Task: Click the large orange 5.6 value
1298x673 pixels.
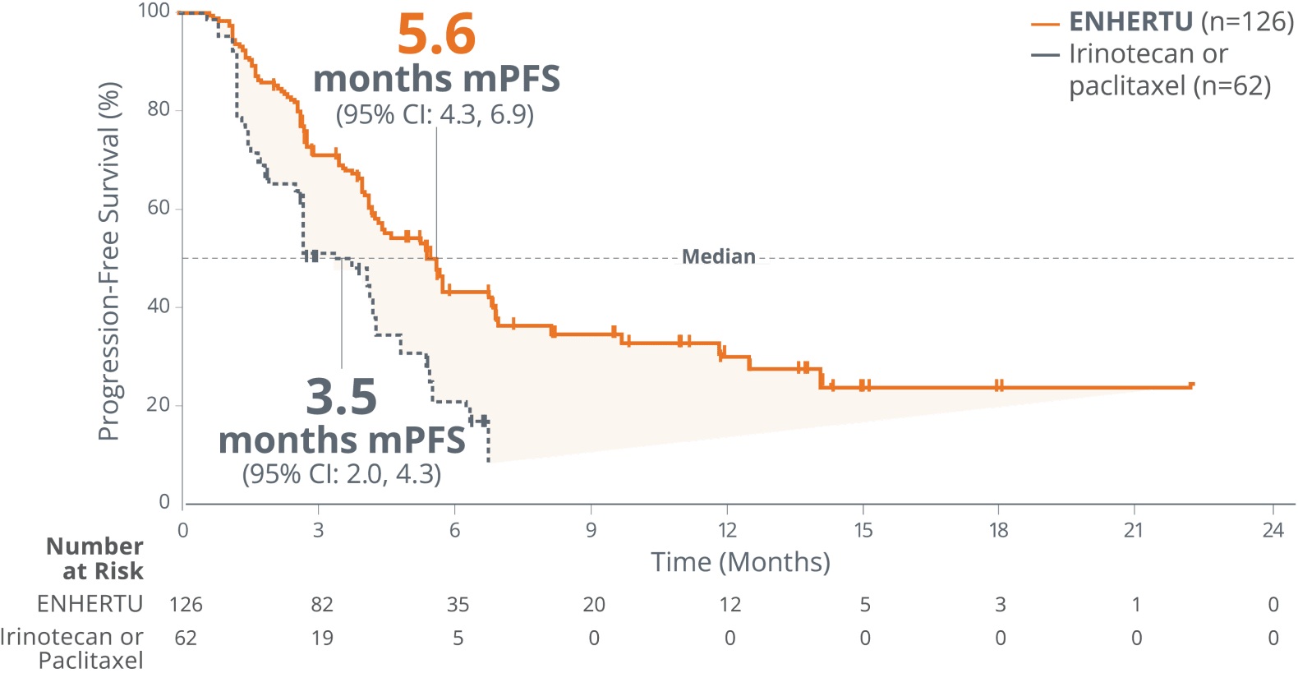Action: (x=436, y=35)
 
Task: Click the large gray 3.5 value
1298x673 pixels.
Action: (x=342, y=397)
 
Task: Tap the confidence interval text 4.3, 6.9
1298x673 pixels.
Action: (x=435, y=114)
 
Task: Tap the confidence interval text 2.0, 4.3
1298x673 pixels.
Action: (x=342, y=474)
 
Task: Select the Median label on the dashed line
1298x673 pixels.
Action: (x=720, y=257)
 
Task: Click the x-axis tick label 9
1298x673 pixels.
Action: (x=591, y=530)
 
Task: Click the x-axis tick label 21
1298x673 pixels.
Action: (x=1134, y=530)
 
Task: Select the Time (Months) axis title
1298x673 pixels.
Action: (x=741, y=562)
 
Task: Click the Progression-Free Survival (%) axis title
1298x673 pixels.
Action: (x=109, y=261)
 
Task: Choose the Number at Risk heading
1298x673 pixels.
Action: (x=96, y=558)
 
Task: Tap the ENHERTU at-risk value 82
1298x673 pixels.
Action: (x=322, y=605)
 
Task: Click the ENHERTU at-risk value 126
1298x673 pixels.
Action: (x=186, y=605)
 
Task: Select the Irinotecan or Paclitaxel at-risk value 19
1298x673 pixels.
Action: (x=322, y=638)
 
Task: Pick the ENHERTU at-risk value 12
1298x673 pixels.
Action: (x=730, y=605)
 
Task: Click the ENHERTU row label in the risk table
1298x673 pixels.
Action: (x=90, y=604)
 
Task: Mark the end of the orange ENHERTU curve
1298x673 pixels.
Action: (x=1191, y=385)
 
